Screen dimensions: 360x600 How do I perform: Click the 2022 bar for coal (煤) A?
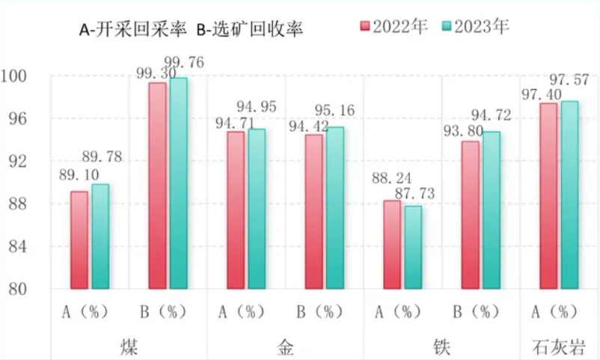click(x=79, y=240)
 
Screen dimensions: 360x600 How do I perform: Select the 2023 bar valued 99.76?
click(x=179, y=183)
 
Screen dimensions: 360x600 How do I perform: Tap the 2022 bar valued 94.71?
click(x=236, y=210)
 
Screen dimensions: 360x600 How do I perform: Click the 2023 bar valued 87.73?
click(x=414, y=247)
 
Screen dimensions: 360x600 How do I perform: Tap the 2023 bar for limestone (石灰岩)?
click(x=570, y=195)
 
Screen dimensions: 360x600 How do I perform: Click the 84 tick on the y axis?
click(x=19, y=246)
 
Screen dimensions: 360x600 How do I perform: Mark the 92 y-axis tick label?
click(x=19, y=161)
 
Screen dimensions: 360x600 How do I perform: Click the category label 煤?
click(x=129, y=347)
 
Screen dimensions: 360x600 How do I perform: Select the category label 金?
click(x=285, y=347)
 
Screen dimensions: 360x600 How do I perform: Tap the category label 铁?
click(x=442, y=347)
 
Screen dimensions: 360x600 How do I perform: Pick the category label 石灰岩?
click(x=559, y=347)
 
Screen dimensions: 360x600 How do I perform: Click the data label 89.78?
click(x=101, y=157)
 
